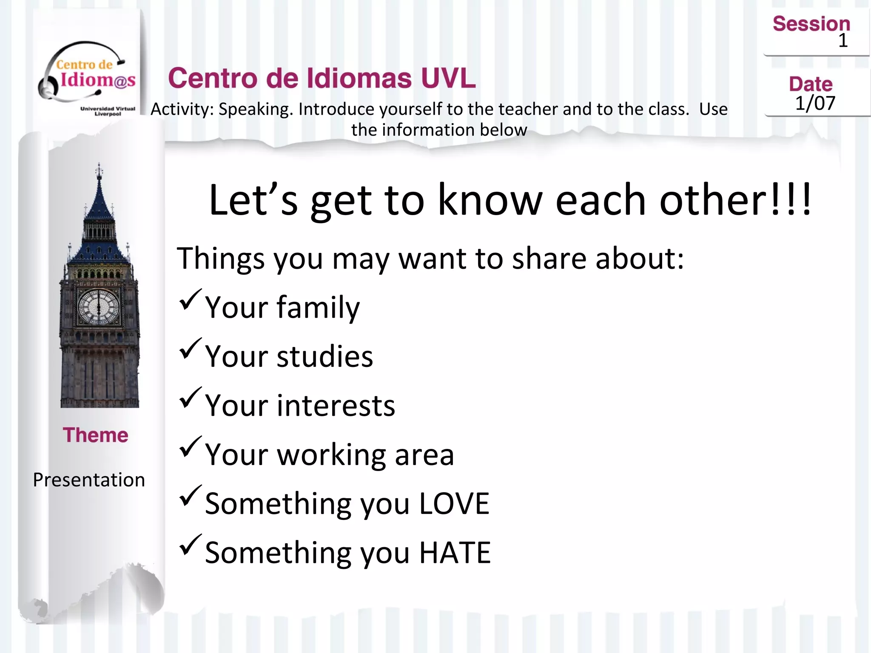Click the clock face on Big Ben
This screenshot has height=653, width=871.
(x=99, y=307)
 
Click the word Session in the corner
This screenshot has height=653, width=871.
(x=811, y=24)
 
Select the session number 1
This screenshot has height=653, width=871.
(x=843, y=41)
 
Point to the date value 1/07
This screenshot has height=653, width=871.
(x=815, y=103)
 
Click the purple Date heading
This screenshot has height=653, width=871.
(x=811, y=84)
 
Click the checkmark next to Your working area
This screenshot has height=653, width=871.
(x=190, y=446)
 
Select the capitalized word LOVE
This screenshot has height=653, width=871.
(x=454, y=504)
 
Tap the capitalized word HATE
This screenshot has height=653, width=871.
(x=455, y=553)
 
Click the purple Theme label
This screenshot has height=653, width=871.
(x=95, y=435)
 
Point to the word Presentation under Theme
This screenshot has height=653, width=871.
(x=89, y=480)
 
